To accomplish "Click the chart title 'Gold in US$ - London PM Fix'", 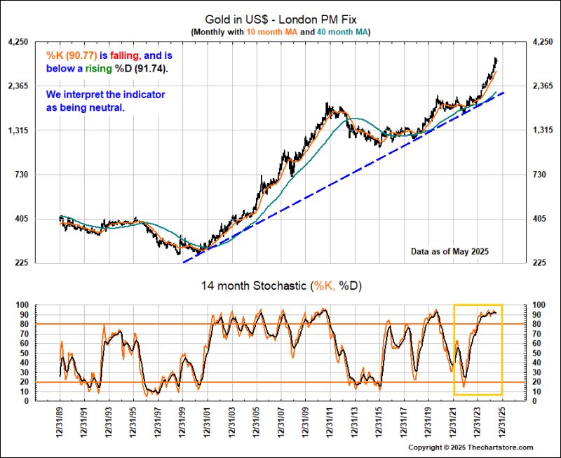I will (x=280, y=20).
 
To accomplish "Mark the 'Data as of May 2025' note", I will (x=450, y=250).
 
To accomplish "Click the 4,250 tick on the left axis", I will (x=18, y=42).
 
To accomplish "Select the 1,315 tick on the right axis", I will (x=543, y=130).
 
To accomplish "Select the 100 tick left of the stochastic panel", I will (x=21, y=306).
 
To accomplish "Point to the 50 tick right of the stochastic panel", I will (x=537, y=353).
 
